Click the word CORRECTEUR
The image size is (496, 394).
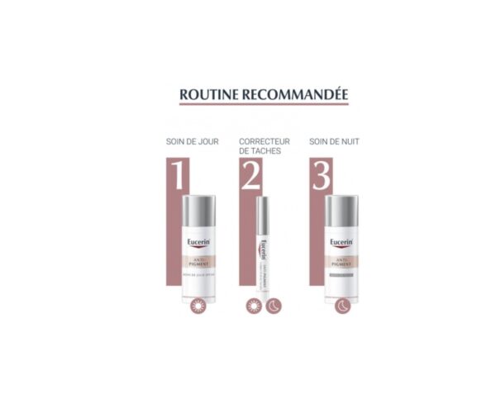click(x=264, y=141)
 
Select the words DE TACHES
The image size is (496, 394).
click(x=260, y=153)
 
